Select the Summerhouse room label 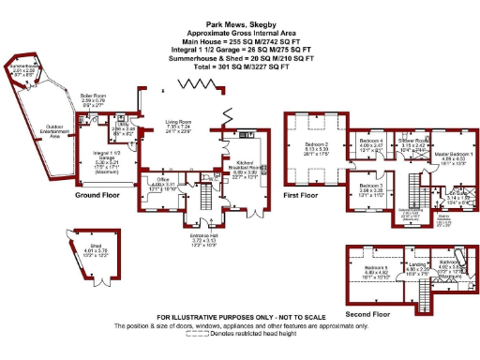(25, 67)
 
